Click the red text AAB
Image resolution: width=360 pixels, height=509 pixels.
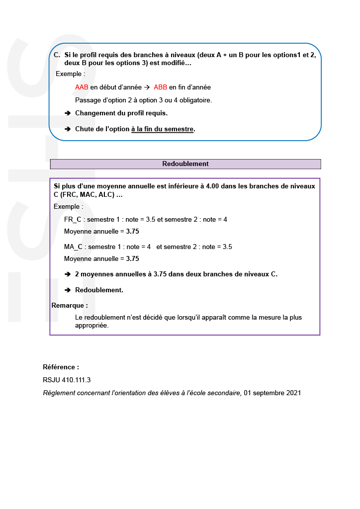pyautogui.click(x=82, y=87)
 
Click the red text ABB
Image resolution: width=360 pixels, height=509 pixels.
pyautogui.click(x=161, y=87)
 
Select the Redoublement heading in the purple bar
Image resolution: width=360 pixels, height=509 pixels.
pyautogui.click(x=185, y=164)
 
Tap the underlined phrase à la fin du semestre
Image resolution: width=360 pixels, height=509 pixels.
pyautogui.click(x=162, y=129)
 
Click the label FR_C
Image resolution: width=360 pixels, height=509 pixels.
pyautogui.click(x=73, y=219)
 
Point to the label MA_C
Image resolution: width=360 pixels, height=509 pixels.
pyautogui.click(x=73, y=247)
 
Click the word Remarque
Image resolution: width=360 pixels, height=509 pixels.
pyautogui.click(x=70, y=305)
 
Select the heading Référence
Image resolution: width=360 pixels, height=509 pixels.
pyautogui.click(x=61, y=367)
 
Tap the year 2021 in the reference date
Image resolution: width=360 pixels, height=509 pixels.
pyautogui.click(x=293, y=393)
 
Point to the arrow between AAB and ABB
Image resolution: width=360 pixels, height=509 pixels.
pyautogui.click(x=147, y=87)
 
